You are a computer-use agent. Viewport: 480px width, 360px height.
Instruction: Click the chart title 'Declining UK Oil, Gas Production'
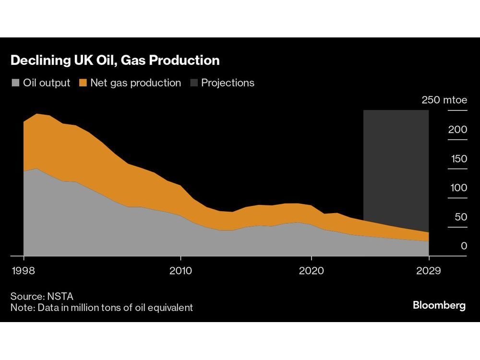point(115,60)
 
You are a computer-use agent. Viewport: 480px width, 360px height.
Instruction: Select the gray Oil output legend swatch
point(15,83)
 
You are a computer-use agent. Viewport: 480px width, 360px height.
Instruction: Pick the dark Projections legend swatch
point(193,83)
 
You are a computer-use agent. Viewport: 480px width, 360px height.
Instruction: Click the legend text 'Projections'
point(228,83)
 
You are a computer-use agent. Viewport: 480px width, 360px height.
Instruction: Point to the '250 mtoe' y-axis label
point(444,100)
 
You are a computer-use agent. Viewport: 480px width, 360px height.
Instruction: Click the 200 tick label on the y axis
point(457,130)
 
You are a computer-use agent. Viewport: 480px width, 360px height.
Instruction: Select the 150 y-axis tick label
point(458,159)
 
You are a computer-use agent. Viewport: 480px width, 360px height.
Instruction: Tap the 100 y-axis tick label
point(458,188)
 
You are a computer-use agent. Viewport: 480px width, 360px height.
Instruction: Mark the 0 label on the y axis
point(464,246)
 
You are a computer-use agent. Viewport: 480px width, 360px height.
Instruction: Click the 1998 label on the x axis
point(23,271)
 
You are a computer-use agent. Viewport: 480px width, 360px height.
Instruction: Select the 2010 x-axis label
point(180,271)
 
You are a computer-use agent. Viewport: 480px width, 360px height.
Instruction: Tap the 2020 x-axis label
point(311,271)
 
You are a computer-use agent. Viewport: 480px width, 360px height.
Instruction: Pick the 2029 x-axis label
point(429,271)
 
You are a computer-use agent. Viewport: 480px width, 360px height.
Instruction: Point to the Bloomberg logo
point(439,306)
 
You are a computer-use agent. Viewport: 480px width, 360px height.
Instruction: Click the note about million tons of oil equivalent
point(102,307)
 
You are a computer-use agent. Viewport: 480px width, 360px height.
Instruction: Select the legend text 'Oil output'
point(47,83)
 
